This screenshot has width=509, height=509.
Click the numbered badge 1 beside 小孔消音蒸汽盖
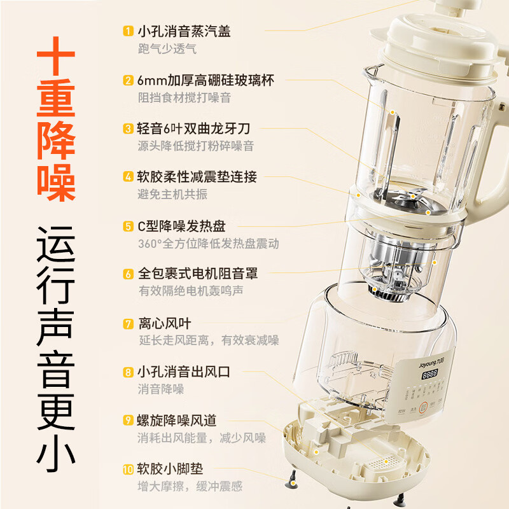coord(128,31)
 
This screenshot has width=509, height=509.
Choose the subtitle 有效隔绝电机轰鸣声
coord(190,291)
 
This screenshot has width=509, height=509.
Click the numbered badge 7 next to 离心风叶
coord(128,323)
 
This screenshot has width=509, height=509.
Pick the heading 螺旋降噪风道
coord(177,421)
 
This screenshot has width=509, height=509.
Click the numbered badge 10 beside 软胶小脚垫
coord(128,470)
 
